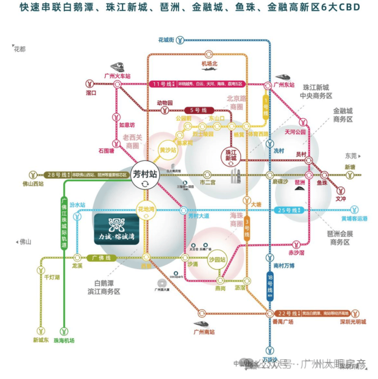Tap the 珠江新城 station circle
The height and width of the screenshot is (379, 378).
(231, 155)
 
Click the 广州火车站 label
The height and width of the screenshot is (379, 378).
(117, 75)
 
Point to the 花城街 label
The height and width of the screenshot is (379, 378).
(167, 39)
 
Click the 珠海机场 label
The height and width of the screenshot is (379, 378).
(64, 340)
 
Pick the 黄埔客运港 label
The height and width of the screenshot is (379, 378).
(352, 219)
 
